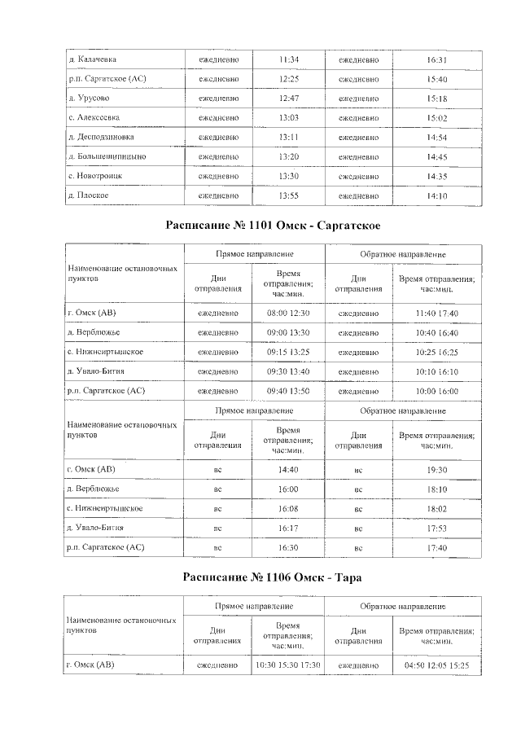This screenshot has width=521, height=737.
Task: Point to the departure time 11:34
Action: coord(289,59)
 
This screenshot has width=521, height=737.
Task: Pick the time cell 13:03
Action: coord(289,117)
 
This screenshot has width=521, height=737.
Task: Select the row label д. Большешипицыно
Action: coord(107,156)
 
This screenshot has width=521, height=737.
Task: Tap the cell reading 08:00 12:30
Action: coord(289,313)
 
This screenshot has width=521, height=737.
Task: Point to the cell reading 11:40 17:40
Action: coord(437,313)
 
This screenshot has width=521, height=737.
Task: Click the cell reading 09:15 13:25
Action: coord(289,352)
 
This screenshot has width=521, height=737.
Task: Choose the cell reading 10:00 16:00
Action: coord(437,391)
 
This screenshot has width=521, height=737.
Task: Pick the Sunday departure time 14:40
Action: coord(289,470)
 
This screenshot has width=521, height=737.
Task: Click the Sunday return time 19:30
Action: coord(437,470)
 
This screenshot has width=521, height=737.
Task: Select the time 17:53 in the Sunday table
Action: coord(437,529)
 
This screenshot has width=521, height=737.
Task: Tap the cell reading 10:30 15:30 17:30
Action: coord(289,665)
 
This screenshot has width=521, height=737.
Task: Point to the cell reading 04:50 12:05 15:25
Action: coord(437,665)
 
